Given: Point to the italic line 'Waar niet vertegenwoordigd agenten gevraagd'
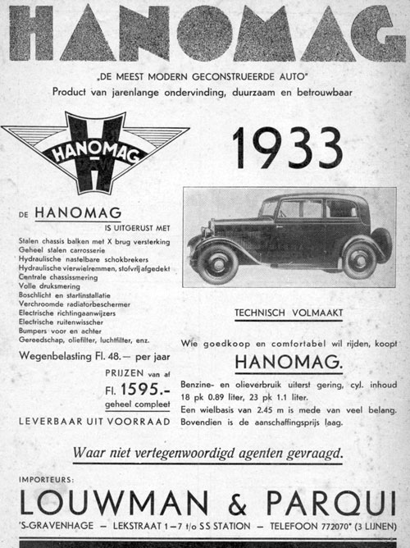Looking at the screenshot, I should click(207, 450).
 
